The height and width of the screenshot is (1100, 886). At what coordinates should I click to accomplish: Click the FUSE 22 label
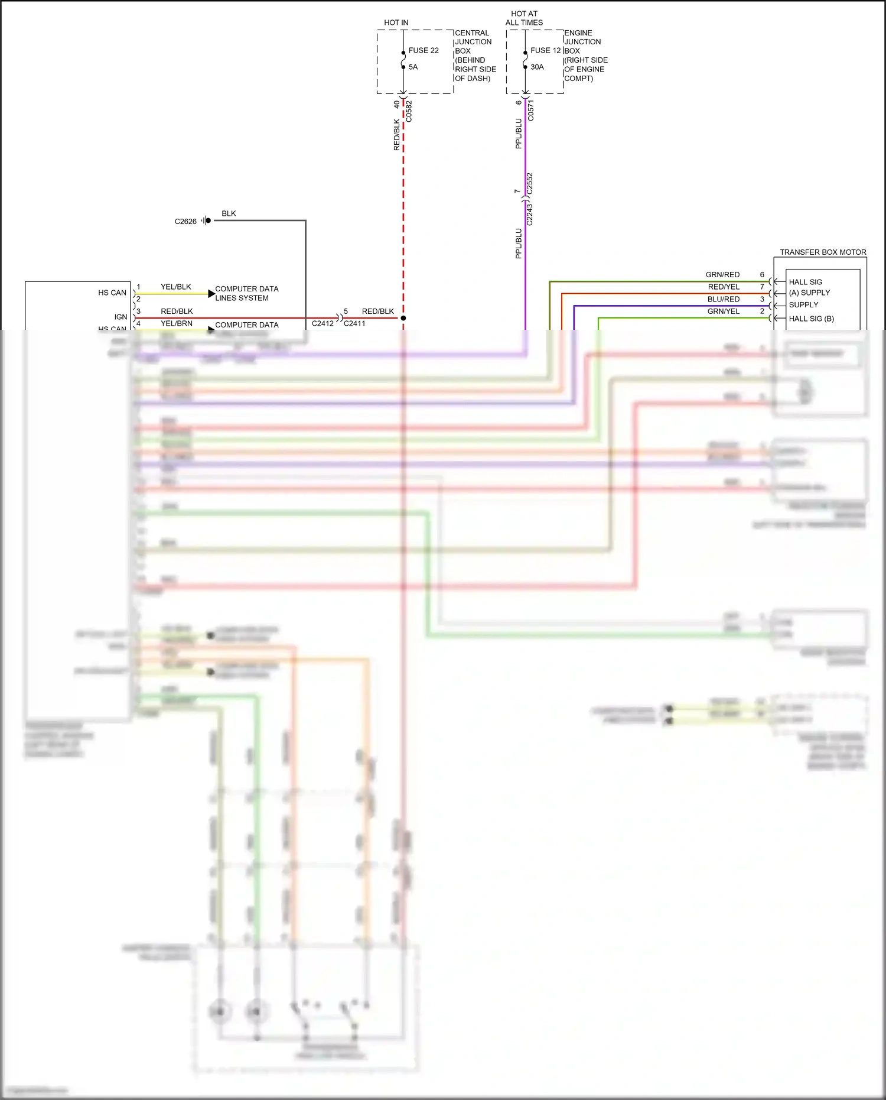click(424, 51)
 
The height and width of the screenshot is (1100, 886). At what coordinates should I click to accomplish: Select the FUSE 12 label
click(545, 51)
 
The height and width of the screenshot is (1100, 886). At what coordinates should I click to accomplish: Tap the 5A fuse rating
click(413, 67)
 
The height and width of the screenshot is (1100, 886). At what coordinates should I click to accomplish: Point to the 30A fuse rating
click(537, 67)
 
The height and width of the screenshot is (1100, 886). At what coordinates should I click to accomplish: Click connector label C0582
click(409, 112)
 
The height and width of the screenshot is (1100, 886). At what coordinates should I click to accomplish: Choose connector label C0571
click(530, 111)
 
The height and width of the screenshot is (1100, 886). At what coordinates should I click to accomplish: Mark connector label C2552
click(530, 183)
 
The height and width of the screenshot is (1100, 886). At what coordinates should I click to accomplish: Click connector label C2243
click(530, 215)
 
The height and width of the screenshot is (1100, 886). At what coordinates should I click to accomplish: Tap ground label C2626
click(185, 222)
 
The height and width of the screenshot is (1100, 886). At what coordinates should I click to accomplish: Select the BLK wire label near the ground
click(229, 213)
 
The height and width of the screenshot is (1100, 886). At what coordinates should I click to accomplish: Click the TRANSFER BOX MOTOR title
click(823, 252)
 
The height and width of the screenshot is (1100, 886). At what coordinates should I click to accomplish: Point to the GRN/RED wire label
click(722, 275)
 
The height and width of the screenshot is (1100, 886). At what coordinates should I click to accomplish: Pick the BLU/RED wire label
click(724, 299)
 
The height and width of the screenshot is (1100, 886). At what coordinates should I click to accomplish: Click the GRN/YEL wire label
click(724, 311)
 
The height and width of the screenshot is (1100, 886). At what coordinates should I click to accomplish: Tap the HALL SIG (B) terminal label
click(811, 319)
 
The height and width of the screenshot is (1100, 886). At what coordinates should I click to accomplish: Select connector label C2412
click(323, 324)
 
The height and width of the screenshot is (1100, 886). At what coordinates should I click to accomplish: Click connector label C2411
click(354, 324)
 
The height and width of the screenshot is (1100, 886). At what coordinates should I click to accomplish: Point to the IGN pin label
click(120, 317)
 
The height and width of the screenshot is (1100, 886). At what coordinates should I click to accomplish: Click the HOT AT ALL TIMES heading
click(524, 18)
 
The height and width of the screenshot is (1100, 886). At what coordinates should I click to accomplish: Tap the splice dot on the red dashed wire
click(403, 318)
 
